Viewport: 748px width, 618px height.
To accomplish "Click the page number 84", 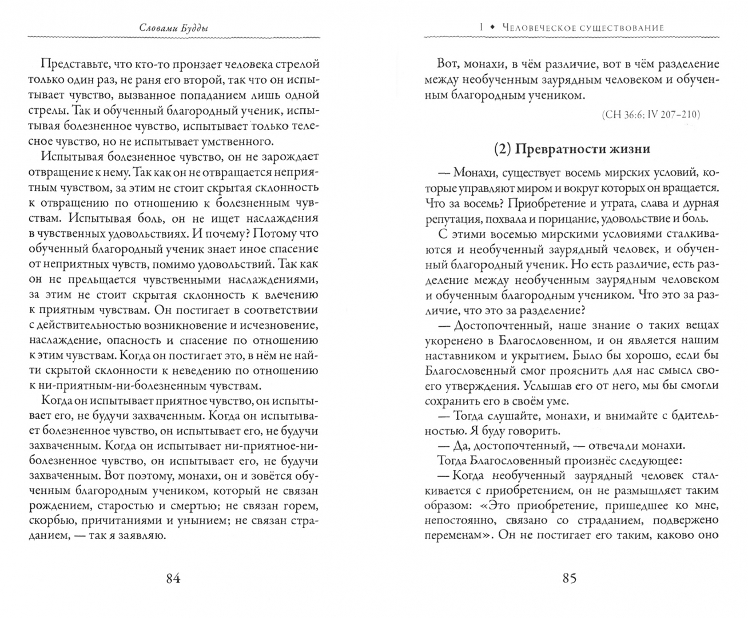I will (173, 578).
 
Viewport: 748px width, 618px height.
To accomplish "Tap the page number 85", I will (569, 578).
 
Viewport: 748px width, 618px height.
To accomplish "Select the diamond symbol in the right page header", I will (492, 27).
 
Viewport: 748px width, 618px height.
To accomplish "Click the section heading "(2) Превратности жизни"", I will (572, 149).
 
